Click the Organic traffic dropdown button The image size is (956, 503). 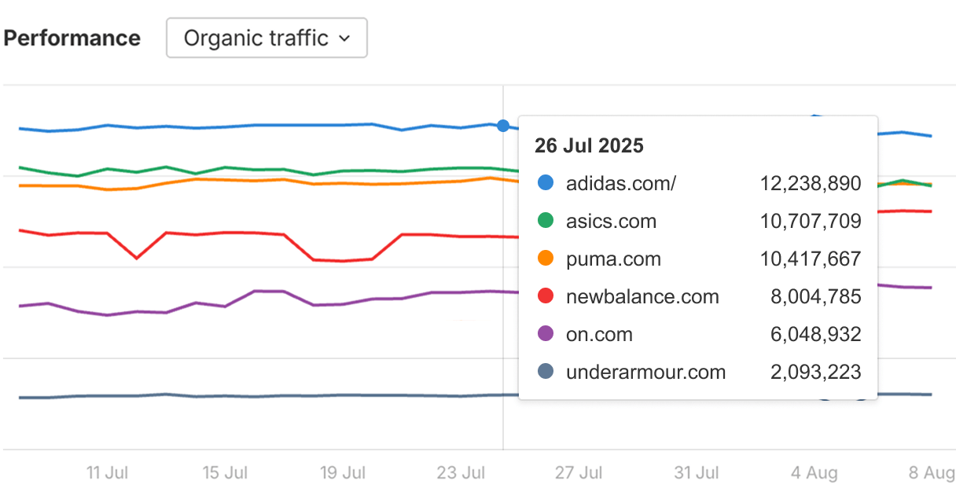(267, 38)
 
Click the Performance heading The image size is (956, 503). (72, 38)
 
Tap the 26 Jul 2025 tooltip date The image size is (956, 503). (589, 145)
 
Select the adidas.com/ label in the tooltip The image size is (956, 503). (620, 184)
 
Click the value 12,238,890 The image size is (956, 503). (810, 184)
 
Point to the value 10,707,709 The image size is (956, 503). (810, 222)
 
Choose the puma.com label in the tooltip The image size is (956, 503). (613, 259)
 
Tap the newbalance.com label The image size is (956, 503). (642, 297)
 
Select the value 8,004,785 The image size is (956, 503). (815, 297)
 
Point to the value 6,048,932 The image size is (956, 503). (815, 335)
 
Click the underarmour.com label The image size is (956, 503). (645, 373)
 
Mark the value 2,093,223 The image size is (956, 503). (815, 373)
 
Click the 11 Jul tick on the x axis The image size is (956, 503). (107, 473)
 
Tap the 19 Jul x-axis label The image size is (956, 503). (343, 473)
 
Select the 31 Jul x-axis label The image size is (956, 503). (697, 473)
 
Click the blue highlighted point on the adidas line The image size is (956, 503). (503, 126)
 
